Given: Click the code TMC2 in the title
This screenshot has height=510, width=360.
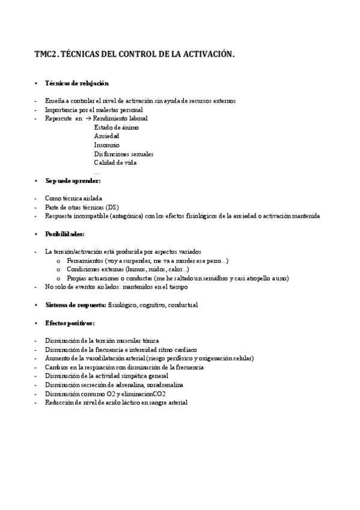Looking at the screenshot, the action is point(46,55).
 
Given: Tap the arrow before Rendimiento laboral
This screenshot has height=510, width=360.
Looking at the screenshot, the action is point(88,118).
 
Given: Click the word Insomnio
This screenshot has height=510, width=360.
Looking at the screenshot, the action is point(106,145).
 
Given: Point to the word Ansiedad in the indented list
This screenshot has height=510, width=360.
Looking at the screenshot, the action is point(106,136).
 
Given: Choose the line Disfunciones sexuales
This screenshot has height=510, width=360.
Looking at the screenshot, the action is point(123,154).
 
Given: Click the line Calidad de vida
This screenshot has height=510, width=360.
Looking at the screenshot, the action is point(115,162).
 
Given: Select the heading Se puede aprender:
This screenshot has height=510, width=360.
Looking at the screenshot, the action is point(73,180).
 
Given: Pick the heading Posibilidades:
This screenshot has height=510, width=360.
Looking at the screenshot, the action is point(65,233).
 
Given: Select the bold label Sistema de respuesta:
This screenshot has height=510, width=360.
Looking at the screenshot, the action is point(76,305).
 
